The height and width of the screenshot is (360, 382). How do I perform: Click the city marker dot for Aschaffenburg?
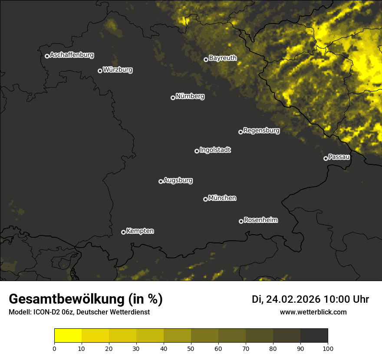point(47,56)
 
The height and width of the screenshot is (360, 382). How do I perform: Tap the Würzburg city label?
point(118,69)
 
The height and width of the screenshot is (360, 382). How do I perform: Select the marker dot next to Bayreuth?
point(206,59)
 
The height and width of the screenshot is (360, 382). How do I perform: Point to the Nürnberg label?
point(190,96)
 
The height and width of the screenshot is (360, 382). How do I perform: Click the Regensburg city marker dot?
point(240,132)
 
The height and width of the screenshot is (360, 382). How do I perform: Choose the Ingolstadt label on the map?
point(215,150)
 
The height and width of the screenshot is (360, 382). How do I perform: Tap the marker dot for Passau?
point(326,158)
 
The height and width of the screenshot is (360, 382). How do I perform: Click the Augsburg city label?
point(178,180)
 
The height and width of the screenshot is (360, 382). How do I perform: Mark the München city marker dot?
point(205,199)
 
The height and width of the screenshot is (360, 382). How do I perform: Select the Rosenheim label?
point(260,220)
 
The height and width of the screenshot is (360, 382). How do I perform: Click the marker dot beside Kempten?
point(123,232)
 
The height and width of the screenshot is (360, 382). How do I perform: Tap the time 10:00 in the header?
point(336,299)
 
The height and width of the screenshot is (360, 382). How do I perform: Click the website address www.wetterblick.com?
point(313,312)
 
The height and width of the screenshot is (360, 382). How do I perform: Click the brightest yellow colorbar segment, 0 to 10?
point(68,336)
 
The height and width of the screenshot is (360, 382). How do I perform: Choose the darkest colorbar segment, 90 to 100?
point(314,336)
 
